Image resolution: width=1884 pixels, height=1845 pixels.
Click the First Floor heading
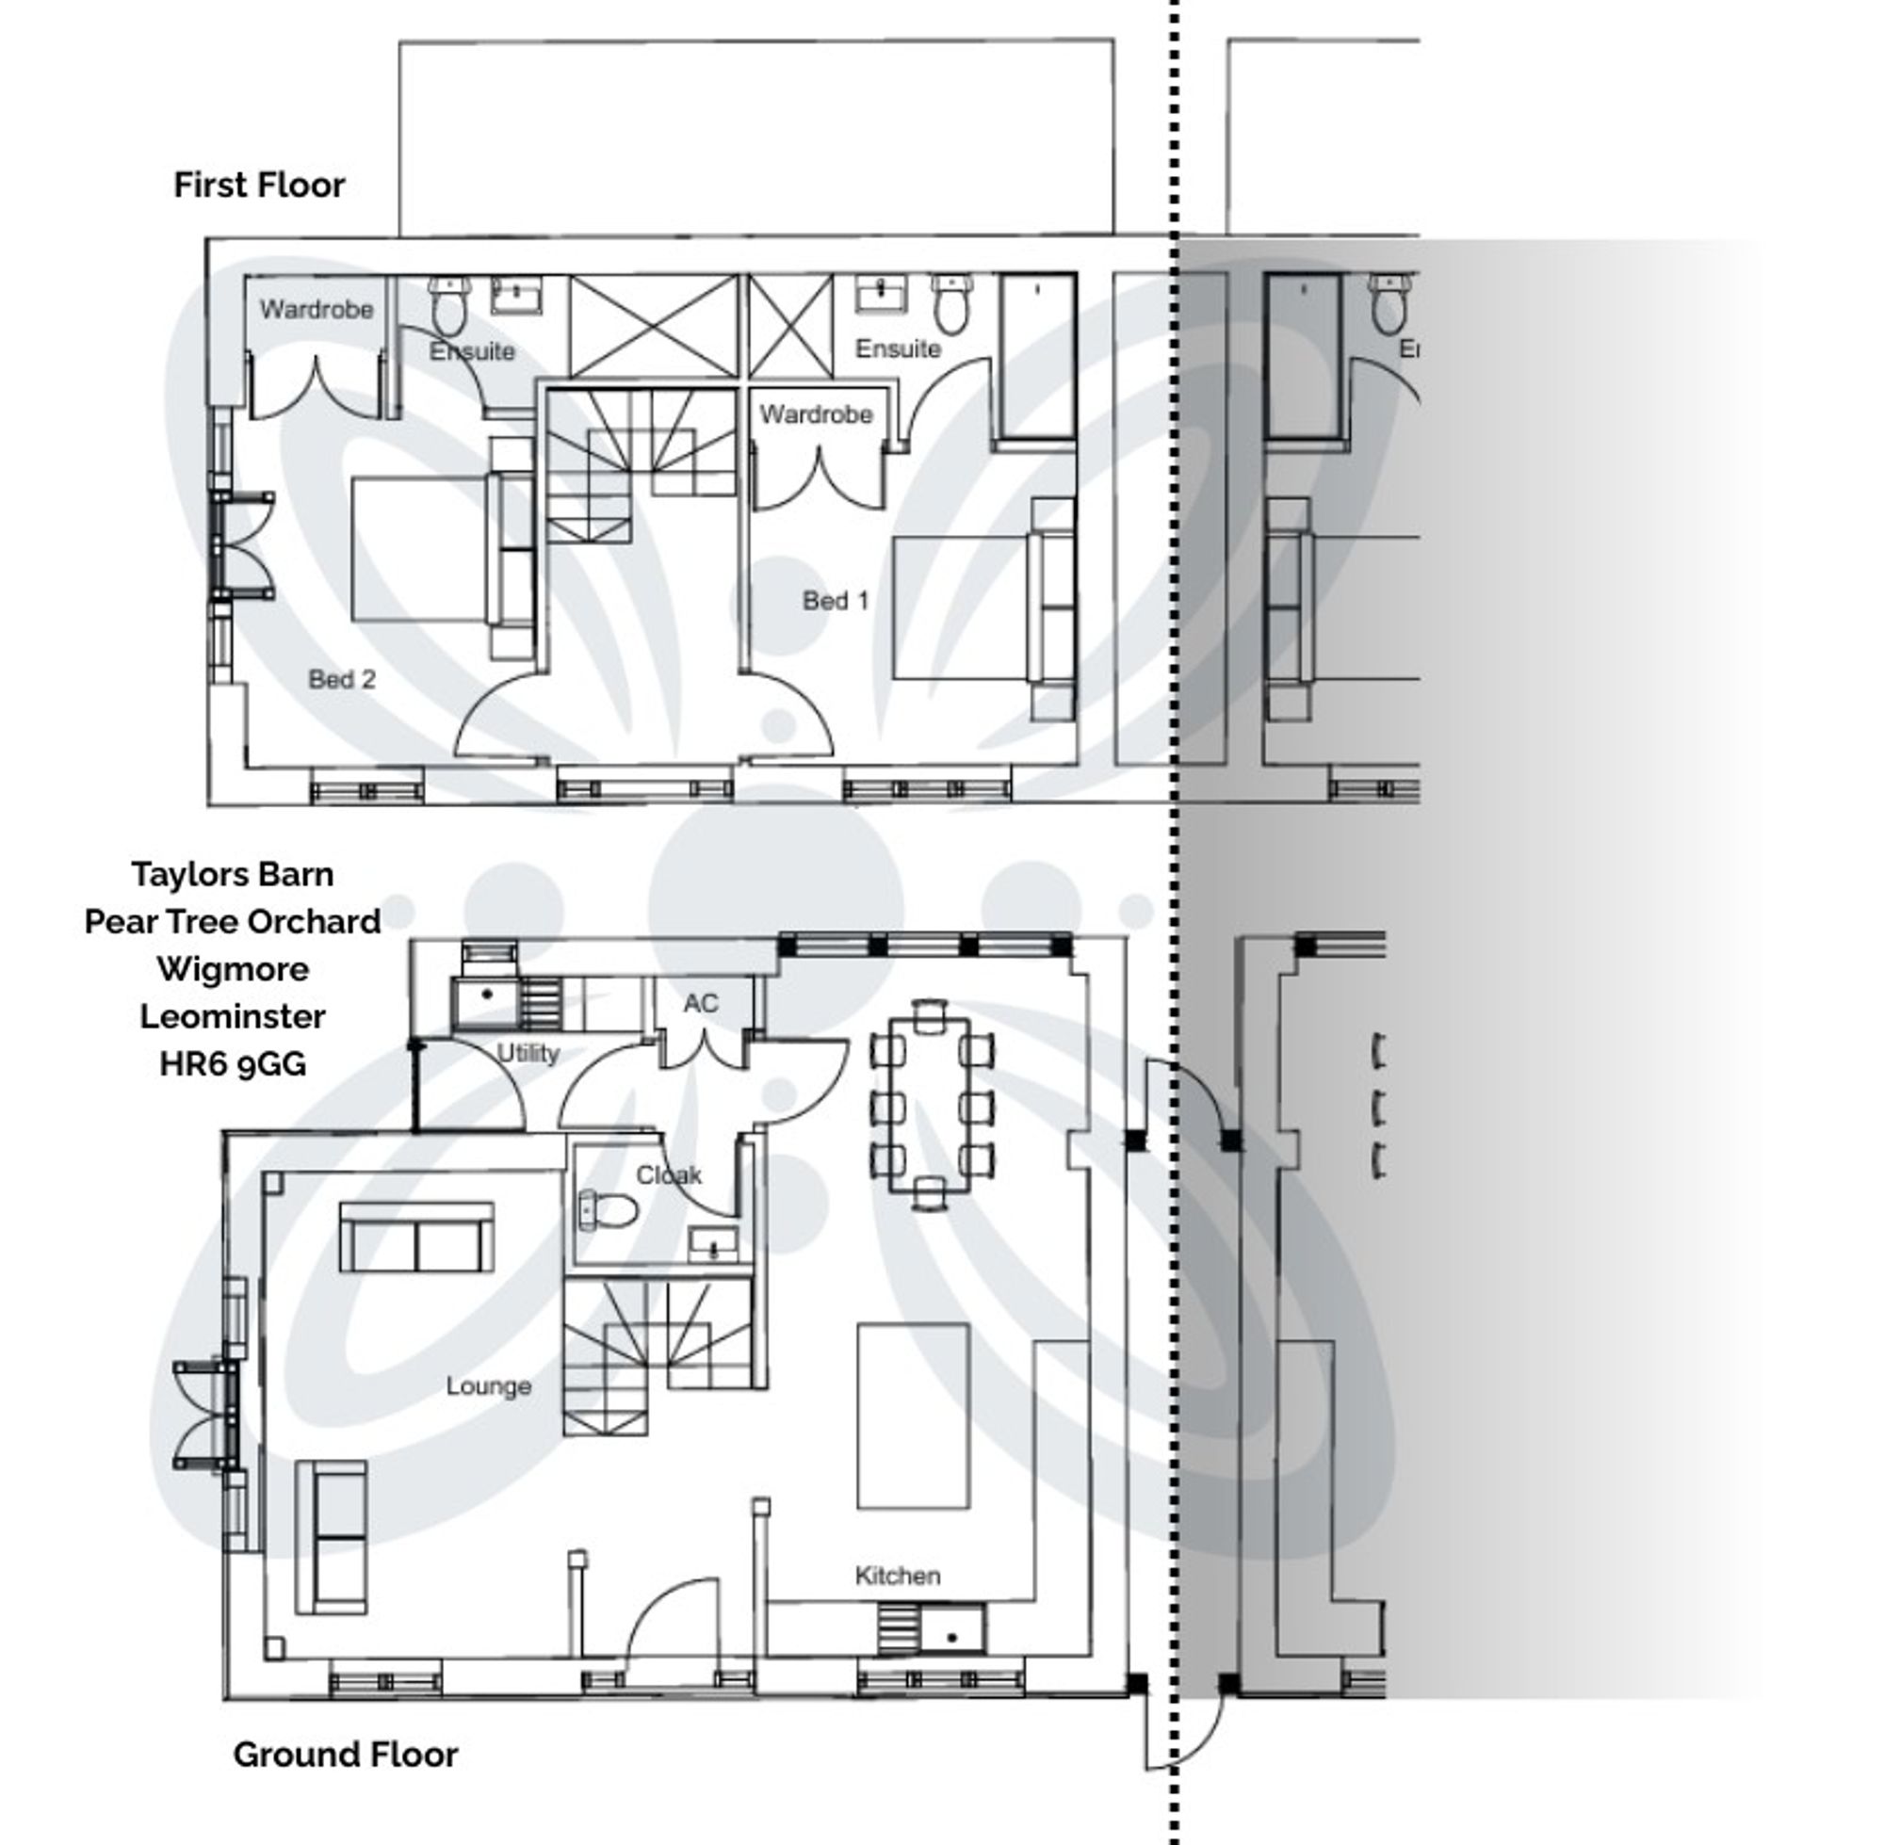point(259,186)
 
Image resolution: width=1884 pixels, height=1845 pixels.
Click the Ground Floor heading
point(345,1781)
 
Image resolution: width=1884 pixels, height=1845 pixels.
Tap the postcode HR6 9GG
point(233,1064)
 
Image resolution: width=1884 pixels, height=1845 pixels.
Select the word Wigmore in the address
point(233,969)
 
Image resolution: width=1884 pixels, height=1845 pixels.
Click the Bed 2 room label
point(341,679)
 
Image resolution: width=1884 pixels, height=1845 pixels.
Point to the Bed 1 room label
point(835,601)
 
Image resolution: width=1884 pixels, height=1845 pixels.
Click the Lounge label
point(487,1385)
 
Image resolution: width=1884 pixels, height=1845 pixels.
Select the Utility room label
point(528,1053)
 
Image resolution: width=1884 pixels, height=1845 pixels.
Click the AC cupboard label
point(700,1004)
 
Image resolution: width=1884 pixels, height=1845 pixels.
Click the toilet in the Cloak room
point(609,1209)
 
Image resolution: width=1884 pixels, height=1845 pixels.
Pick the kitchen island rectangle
point(913,1416)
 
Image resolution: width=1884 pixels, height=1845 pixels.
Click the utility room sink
point(485,1003)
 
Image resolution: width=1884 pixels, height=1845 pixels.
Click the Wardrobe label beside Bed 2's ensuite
point(316,310)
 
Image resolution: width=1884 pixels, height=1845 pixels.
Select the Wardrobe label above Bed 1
point(815,414)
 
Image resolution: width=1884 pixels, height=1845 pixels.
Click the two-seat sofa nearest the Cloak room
point(416,1238)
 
